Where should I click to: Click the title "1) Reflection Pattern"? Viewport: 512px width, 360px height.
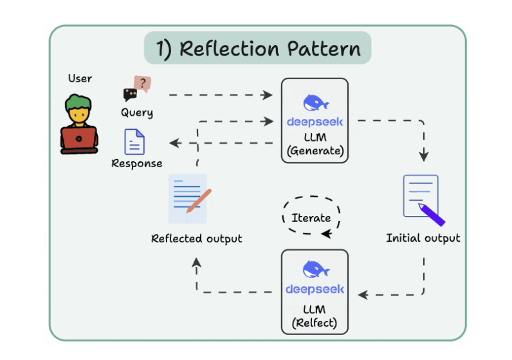257,48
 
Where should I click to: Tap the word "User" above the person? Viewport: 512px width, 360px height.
80,78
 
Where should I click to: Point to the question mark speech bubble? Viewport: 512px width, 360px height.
142,84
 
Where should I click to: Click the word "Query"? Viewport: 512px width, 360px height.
137,113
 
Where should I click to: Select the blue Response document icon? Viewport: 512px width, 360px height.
134,141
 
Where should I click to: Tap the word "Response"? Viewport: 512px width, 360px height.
137,163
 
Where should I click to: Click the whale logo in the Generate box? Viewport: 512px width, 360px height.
315,103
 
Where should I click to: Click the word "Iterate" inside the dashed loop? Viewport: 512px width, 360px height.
311,217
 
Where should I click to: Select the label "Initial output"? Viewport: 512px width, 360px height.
423,238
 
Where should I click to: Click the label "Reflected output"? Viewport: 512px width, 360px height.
197,239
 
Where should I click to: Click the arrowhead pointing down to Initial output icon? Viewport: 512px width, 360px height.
424,156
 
